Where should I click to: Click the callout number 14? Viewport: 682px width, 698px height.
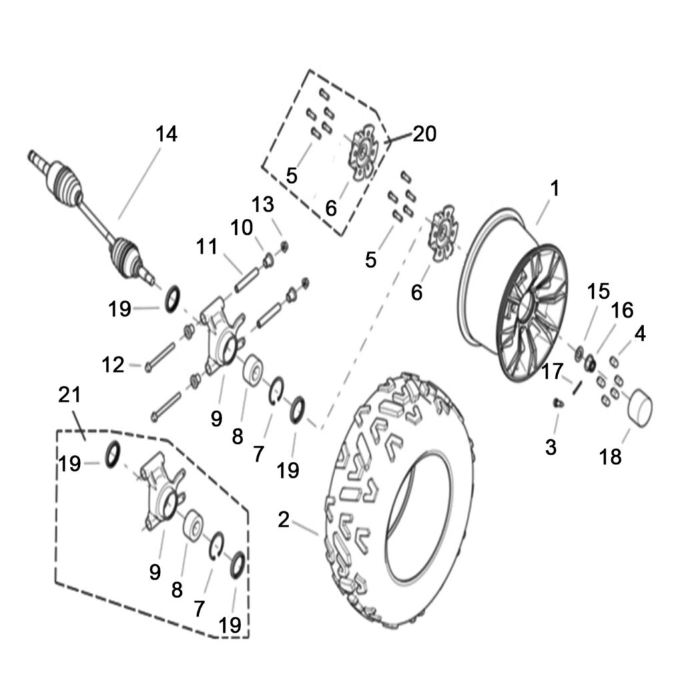click(167, 134)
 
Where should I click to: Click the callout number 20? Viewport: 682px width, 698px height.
click(424, 134)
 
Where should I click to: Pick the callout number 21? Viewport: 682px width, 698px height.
click(69, 395)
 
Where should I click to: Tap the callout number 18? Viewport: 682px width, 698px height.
click(610, 456)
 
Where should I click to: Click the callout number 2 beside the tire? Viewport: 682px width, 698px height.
click(284, 520)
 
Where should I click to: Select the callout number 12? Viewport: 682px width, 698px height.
click(114, 364)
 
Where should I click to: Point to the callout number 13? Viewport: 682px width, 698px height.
click(263, 205)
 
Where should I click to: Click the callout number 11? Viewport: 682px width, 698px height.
click(207, 247)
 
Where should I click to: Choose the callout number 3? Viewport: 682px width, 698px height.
click(550, 447)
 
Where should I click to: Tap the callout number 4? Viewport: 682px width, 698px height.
click(639, 333)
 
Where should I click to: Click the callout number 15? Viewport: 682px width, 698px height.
click(598, 291)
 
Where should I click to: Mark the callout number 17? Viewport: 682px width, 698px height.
click(553, 371)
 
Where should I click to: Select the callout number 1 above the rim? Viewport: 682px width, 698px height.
click(553, 189)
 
